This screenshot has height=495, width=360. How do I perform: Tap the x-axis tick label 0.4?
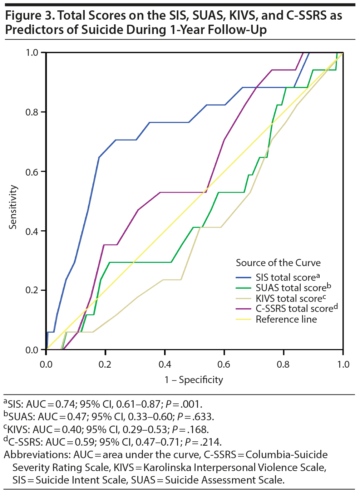(x=165, y=365)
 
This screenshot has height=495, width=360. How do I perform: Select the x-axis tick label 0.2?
(x=105, y=365)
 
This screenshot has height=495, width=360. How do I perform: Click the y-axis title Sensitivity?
(x=13, y=207)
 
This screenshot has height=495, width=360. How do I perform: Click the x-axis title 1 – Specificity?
(x=194, y=380)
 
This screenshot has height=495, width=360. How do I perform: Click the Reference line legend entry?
(x=286, y=319)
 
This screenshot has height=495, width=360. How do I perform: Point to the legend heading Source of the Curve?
(x=278, y=263)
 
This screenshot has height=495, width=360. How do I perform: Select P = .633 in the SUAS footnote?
(x=196, y=417)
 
